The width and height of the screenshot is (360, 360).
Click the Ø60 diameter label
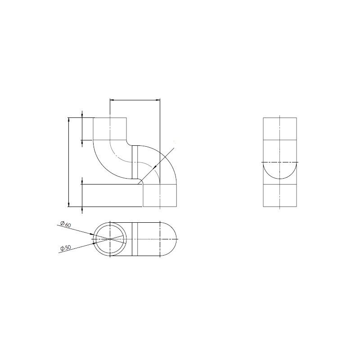click(x=65, y=224)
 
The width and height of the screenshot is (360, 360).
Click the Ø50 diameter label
click(x=65, y=248)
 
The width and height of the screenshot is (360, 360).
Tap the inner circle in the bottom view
click(x=96, y=239)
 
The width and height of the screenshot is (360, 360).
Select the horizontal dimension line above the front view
click(x=135, y=100)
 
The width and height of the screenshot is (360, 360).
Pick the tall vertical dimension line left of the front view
click(x=69, y=162)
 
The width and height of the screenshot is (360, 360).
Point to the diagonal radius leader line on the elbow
click(x=156, y=166)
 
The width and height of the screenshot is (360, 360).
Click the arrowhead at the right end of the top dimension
click(x=158, y=100)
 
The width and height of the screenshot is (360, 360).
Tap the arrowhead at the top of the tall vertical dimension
click(x=69, y=120)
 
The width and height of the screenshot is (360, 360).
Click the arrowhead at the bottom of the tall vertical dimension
click(x=69, y=204)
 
